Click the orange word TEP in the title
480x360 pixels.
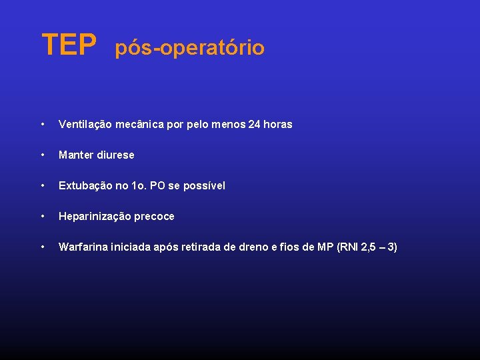(69, 45)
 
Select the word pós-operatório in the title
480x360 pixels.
(190, 48)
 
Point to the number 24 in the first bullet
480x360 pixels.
(254, 125)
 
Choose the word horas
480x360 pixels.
(279, 125)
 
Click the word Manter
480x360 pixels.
(76, 155)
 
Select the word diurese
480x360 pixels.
(115, 155)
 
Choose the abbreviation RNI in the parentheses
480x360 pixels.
(349, 247)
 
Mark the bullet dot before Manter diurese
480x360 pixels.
(43, 155)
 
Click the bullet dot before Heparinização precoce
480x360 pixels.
(43, 217)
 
